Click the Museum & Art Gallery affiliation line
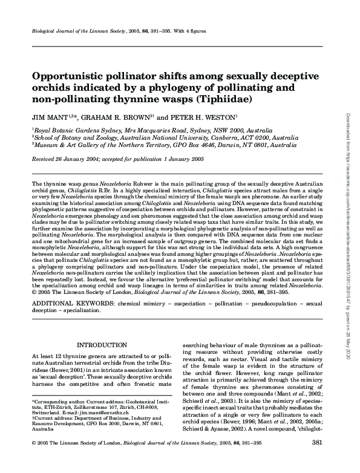pyautogui.click(x=142, y=146)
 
